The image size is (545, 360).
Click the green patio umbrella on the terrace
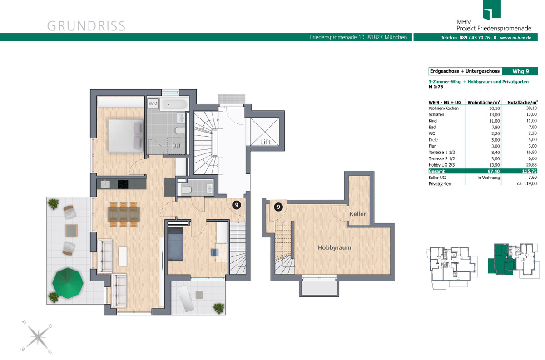click(68, 283)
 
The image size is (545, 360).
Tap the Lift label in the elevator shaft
click(265, 142)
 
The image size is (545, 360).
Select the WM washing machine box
click(153, 104)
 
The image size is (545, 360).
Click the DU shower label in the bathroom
click(176, 146)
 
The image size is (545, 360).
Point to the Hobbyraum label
click(334, 247)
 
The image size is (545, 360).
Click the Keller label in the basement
click(358, 214)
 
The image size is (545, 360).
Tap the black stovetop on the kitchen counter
click(123, 184)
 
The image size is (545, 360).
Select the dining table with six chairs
click(124, 214)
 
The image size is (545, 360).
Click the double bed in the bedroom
click(126, 135)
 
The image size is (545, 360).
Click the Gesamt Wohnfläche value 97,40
click(494, 171)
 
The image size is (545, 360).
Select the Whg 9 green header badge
click(520, 71)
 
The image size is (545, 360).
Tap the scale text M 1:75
click(436, 87)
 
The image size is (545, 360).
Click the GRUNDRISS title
click(86, 26)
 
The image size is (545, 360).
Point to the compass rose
click(37, 337)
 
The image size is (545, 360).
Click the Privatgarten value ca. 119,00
click(527, 184)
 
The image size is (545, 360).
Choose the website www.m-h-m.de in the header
click(515, 38)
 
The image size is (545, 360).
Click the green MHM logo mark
click(492, 10)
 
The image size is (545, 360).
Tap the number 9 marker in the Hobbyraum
click(278, 207)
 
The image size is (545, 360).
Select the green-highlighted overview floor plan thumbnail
click(514, 260)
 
